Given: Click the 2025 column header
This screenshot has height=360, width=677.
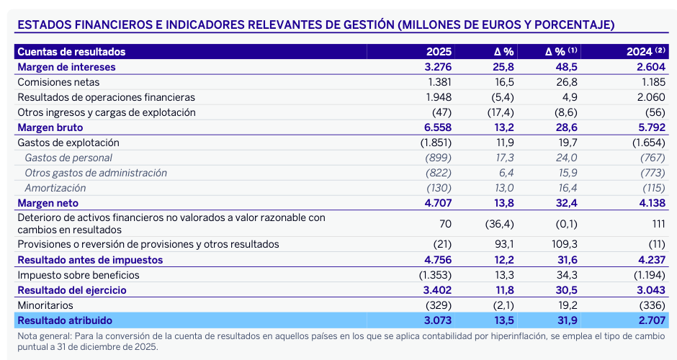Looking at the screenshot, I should pyautogui.click(x=439, y=52).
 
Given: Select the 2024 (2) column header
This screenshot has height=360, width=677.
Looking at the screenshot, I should pyautogui.click(x=645, y=52).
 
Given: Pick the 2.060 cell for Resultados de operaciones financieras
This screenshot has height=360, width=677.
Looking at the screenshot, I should pyautogui.click(x=649, y=97).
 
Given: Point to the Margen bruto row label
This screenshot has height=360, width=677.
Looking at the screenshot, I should pyautogui.click(x=48, y=127).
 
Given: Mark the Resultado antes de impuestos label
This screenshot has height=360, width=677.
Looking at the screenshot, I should pyautogui.click(x=90, y=260).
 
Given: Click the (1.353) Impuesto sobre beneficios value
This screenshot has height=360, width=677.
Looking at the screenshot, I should pyautogui.click(x=435, y=275).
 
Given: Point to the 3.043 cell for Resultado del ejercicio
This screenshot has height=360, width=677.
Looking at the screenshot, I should pyautogui.click(x=649, y=290).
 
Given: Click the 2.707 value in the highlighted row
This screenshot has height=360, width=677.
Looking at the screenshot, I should pyautogui.click(x=649, y=320).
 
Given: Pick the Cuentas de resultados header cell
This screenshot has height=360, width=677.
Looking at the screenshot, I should pyautogui.click(x=71, y=52).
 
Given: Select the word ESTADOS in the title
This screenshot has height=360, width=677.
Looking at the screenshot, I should pyautogui.click(x=42, y=25).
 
